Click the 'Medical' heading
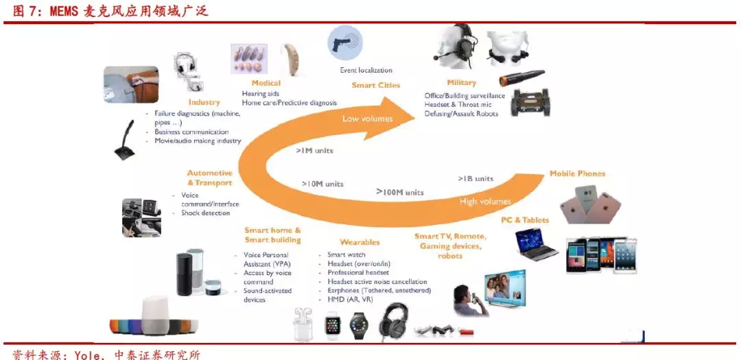(x=266, y=83)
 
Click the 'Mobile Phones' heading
(x=577, y=173)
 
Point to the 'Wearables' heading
(x=360, y=242)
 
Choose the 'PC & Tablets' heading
(x=525, y=220)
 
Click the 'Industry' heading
(x=203, y=102)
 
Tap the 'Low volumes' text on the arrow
(x=368, y=119)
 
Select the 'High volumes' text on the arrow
(x=485, y=202)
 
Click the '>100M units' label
(x=399, y=192)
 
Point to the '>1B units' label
(x=475, y=178)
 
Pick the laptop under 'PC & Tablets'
(x=537, y=244)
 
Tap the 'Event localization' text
(x=366, y=70)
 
